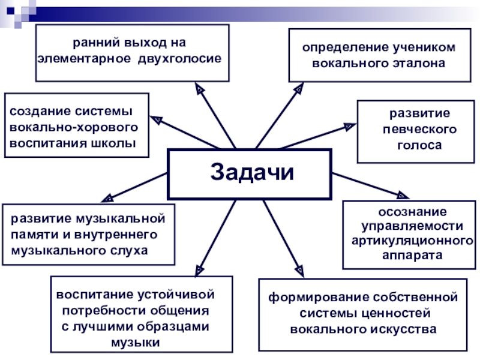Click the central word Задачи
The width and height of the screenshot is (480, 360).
[253, 173]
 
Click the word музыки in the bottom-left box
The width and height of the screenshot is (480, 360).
[136, 343]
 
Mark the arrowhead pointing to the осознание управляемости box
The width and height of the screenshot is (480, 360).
[402, 194]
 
